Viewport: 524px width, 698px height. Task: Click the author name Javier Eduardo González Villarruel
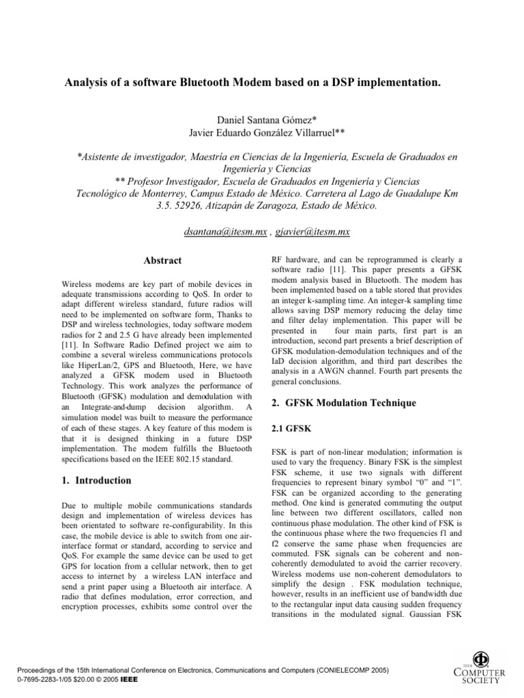pyautogui.click(x=262, y=132)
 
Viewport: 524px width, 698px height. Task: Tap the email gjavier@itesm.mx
pyautogui.click(x=312, y=232)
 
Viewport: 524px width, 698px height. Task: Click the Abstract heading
pyautogui.click(x=162, y=260)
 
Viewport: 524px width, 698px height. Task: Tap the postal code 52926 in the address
pyautogui.click(x=184, y=206)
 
